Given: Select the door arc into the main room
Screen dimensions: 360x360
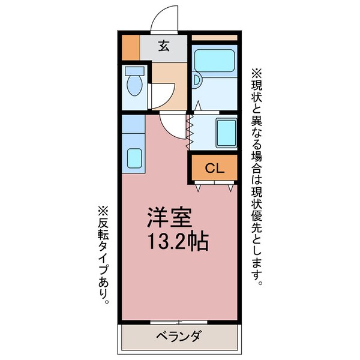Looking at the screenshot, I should [174, 125].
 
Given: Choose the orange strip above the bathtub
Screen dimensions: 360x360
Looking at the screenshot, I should [214, 37].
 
